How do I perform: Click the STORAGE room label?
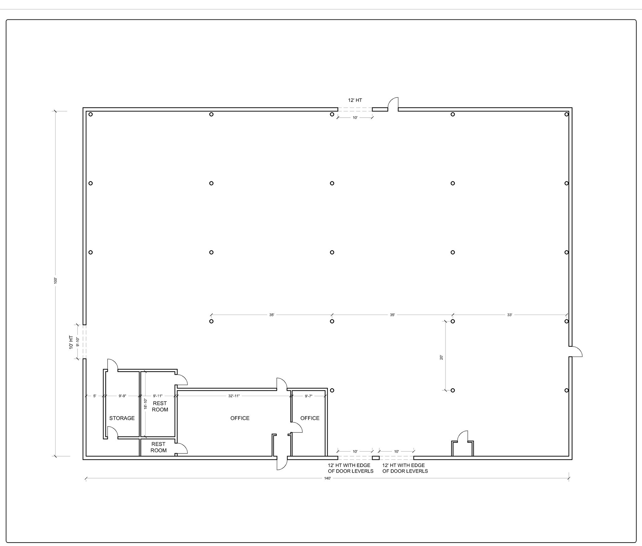coord(122,418)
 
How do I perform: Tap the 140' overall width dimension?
coord(328,478)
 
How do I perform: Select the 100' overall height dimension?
coord(56,280)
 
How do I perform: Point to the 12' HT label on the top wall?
coord(355,100)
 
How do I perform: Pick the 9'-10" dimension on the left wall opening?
coord(77,342)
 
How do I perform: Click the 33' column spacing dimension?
coord(510,315)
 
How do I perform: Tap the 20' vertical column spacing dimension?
coord(441,357)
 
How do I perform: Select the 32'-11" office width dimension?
coord(234,396)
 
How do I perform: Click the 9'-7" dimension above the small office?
coord(309,396)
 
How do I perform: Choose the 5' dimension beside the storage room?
coord(95,396)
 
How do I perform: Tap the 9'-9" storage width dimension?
coord(122,396)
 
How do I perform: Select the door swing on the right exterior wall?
coord(576,352)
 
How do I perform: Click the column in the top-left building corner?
coord(91,114)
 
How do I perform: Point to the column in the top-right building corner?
coord(566,114)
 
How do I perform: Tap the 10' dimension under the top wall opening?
coord(355,118)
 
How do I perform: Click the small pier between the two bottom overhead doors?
coord(376,458)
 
